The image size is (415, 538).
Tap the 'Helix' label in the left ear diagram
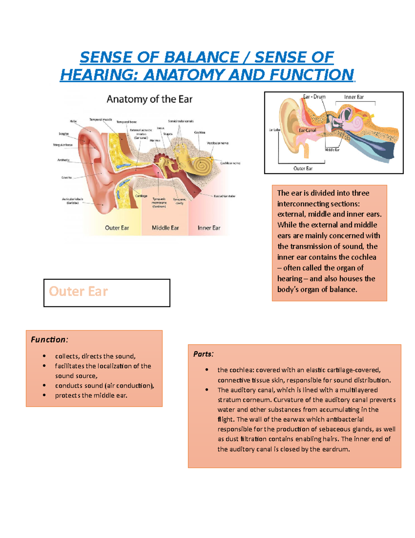point(73,121)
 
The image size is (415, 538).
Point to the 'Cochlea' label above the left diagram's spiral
point(200,132)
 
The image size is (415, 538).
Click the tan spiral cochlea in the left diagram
point(202,166)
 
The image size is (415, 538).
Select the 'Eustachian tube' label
point(224,196)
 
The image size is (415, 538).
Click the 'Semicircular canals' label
point(181,121)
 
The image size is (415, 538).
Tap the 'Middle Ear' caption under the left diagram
point(165,228)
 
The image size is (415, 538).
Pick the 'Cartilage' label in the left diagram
point(141,196)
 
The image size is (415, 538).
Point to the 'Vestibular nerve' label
point(218,143)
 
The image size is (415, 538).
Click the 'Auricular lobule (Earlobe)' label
point(72,201)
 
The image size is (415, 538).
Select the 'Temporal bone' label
point(126,122)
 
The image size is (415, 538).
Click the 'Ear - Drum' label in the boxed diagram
point(314,97)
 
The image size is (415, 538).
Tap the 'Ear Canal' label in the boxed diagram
point(307,131)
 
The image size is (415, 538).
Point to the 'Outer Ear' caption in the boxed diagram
point(303,169)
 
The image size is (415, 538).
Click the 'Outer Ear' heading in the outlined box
point(79,291)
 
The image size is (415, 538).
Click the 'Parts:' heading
point(203,354)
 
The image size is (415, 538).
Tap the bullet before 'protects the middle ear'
point(44,395)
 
